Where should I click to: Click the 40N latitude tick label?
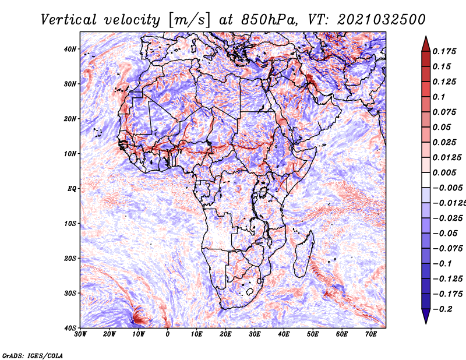coord(70,49)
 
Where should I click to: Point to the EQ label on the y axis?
coord(72,189)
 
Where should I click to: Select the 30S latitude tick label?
coord(70,293)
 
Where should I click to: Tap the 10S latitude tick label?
coord(70,223)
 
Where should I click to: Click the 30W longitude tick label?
coord(80,334)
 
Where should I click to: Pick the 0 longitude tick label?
coord(168,334)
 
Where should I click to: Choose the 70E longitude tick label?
coord(371,334)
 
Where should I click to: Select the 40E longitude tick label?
coord(284,334)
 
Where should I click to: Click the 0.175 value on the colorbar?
coord(444,51)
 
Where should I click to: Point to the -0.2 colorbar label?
coord(442,309)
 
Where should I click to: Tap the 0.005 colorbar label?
coord(444,172)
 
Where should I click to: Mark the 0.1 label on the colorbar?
coord(439,97)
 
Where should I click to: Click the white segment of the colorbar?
coord(426,180)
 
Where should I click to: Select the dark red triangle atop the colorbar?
coord(426,45)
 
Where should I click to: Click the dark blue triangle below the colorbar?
coord(426,316)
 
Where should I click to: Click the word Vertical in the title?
coord(69,20)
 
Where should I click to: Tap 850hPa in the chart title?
coord(270,20)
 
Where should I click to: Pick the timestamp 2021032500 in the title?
coord(382,20)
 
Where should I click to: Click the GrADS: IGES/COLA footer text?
coord(33,356)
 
